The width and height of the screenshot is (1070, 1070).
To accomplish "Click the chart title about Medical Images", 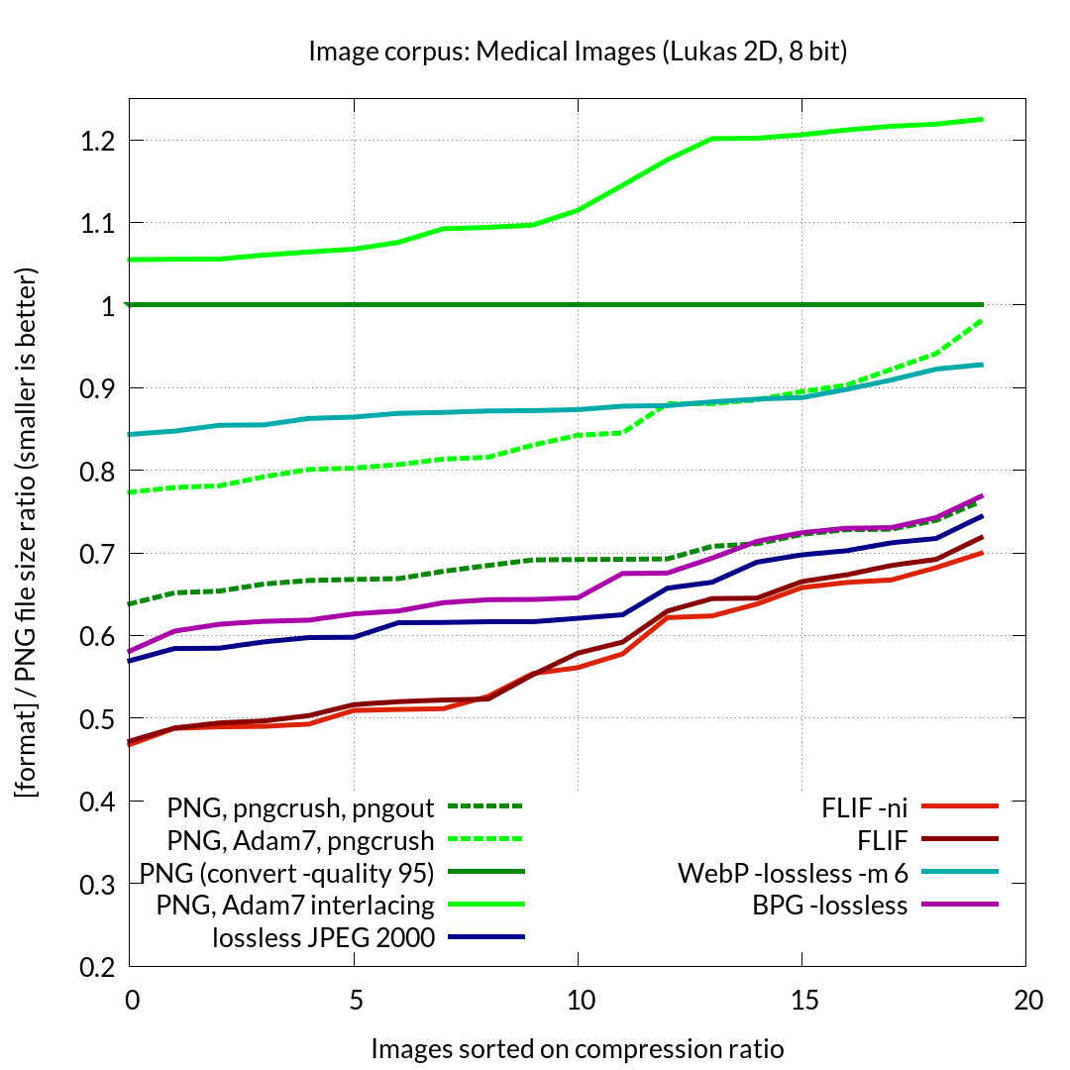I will (578, 52).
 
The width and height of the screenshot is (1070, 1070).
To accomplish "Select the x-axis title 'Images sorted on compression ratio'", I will (578, 1048).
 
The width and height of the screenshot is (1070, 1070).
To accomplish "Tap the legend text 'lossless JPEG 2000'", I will (324, 936).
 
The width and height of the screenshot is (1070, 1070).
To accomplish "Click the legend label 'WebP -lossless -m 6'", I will (794, 873).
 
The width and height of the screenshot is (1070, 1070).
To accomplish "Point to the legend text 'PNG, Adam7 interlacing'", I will (296, 905).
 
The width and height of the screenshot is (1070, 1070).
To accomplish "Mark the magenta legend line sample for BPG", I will (959, 905).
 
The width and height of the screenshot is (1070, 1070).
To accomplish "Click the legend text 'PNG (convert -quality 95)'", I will (287, 873).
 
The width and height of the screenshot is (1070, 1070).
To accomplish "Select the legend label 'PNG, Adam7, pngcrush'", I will (301, 841).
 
